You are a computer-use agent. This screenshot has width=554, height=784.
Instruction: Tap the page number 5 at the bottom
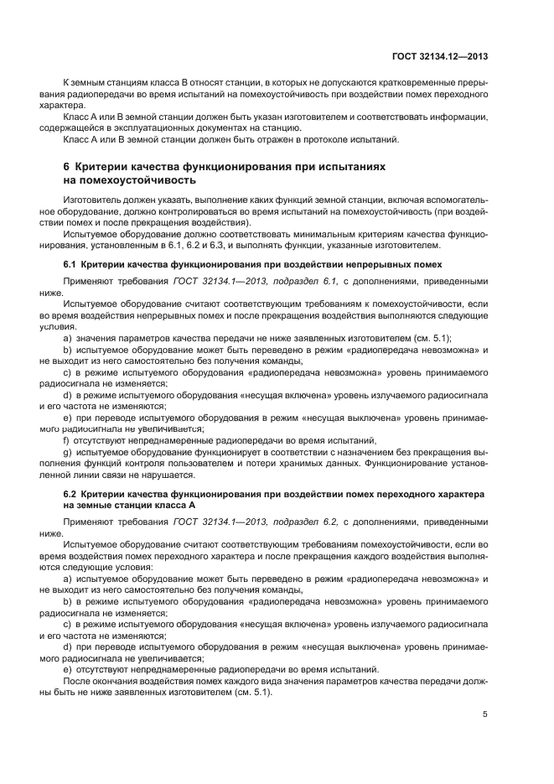pyautogui.click(x=485, y=714)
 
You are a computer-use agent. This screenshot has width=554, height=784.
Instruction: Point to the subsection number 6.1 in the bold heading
pyautogui.click(x=70, y=263)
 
